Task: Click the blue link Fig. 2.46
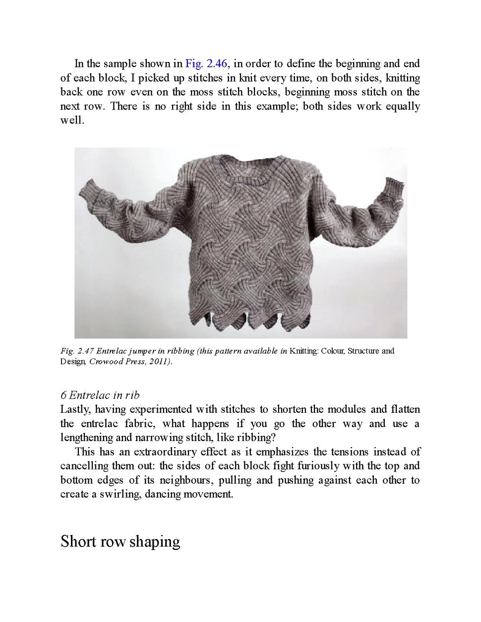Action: point(206,63)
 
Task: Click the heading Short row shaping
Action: point(120,541)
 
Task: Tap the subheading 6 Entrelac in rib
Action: point(100,395)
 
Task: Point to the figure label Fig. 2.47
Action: point(77,351)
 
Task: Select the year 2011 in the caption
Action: point(159,362)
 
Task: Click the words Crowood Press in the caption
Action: point(117,362)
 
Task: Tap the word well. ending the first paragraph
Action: point(72,120)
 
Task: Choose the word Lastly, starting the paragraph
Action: point(75,409)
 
